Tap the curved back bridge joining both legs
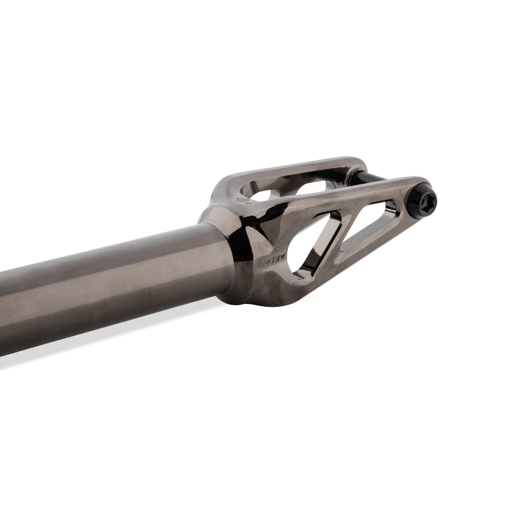tap(220, 193)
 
